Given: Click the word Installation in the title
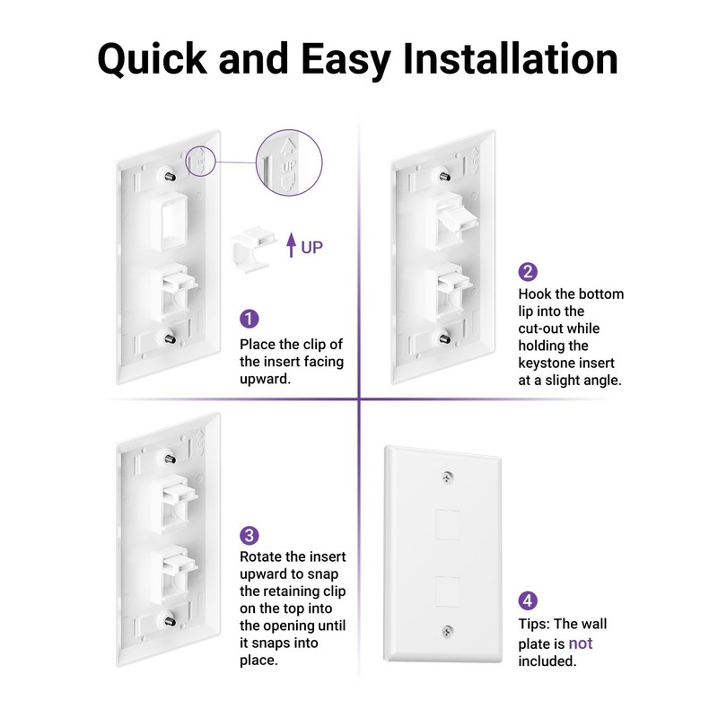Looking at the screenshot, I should pyautogui.click(x=510, y=58).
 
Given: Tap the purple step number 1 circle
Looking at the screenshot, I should pyautogui.click(x=249, y=319).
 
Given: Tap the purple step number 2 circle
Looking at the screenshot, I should pyautogui.click(x=528, y=272).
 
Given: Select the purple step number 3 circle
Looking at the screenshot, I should pyautogui.click(x=249, y=536).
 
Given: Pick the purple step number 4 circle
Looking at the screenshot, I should pyautogui.click(x=528, y=600).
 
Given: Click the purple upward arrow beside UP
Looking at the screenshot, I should pyautogui.click(x=291, y=245).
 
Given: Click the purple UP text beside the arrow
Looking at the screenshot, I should pyautogui.click(x=311, y=247).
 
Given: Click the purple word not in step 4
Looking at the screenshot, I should pyautogui.click(x=580, y=643).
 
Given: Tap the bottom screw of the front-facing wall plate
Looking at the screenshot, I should pyautogui.click(x=446, y=633).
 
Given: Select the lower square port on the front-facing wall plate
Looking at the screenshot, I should pyautogui.click(x=446, y=590).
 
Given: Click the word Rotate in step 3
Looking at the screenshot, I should pyautogui.click(x=261, y=557).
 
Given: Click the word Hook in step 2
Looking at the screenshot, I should pyautogui.click(x=536, y=293).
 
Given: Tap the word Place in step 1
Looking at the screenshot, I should pyautogui.click(x=258, y=345).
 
